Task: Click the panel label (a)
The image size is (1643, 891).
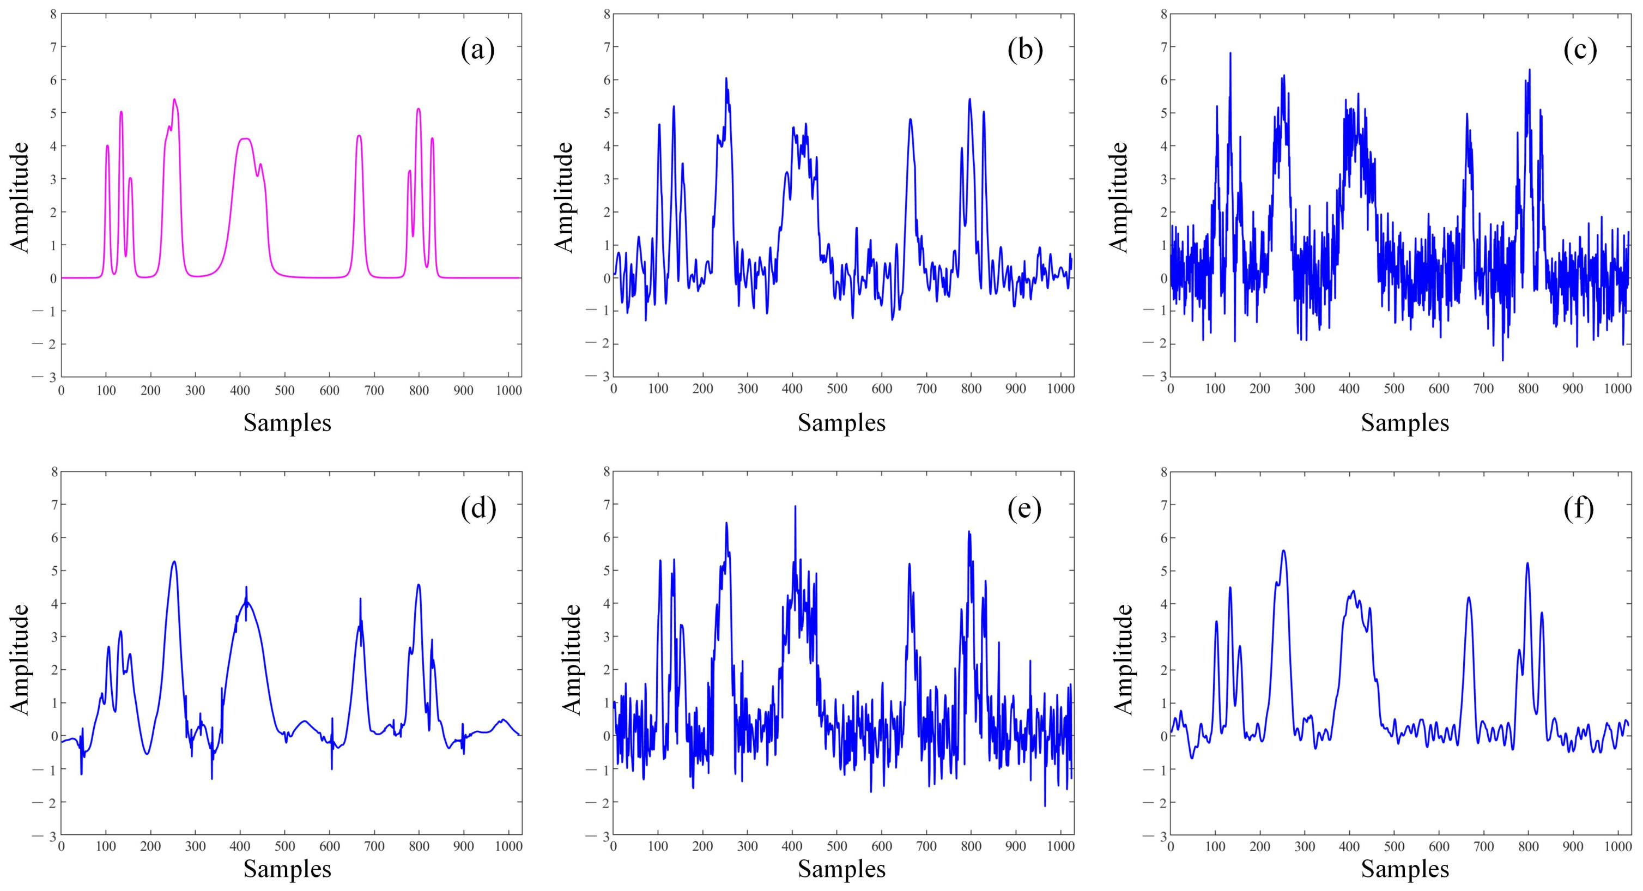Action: click(478, 50)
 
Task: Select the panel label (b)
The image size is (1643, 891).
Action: click(1025, 50)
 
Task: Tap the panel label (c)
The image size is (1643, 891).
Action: click(1580, 50)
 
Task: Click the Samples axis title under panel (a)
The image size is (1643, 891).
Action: click(287, 423)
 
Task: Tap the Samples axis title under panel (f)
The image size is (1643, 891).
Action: click(1404, 869)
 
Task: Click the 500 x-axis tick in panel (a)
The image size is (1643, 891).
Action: click(284, 390)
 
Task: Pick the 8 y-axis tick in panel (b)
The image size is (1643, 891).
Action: click(607, 14)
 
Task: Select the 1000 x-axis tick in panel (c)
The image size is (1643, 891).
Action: click(1617, 389)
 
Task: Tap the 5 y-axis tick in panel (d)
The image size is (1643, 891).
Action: click(53, 571)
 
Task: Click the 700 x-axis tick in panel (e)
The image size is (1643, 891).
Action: click(926, 847)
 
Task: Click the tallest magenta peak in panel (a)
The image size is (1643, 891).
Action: click(174, 100)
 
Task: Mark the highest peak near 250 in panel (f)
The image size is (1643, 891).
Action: click(1283, 550)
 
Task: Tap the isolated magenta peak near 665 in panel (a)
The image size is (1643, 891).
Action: click(359, 136)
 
